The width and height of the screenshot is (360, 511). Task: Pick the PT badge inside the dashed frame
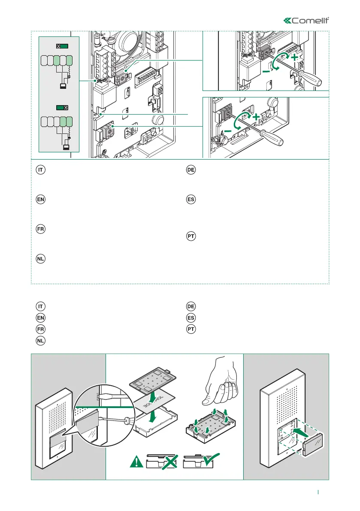pyautogui.click(x=191, y=236)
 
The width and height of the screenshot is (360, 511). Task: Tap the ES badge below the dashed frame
pyautogui.click(x=191, y=318)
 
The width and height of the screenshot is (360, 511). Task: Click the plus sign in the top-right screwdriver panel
pyautogui.click(x=294, y=57)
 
